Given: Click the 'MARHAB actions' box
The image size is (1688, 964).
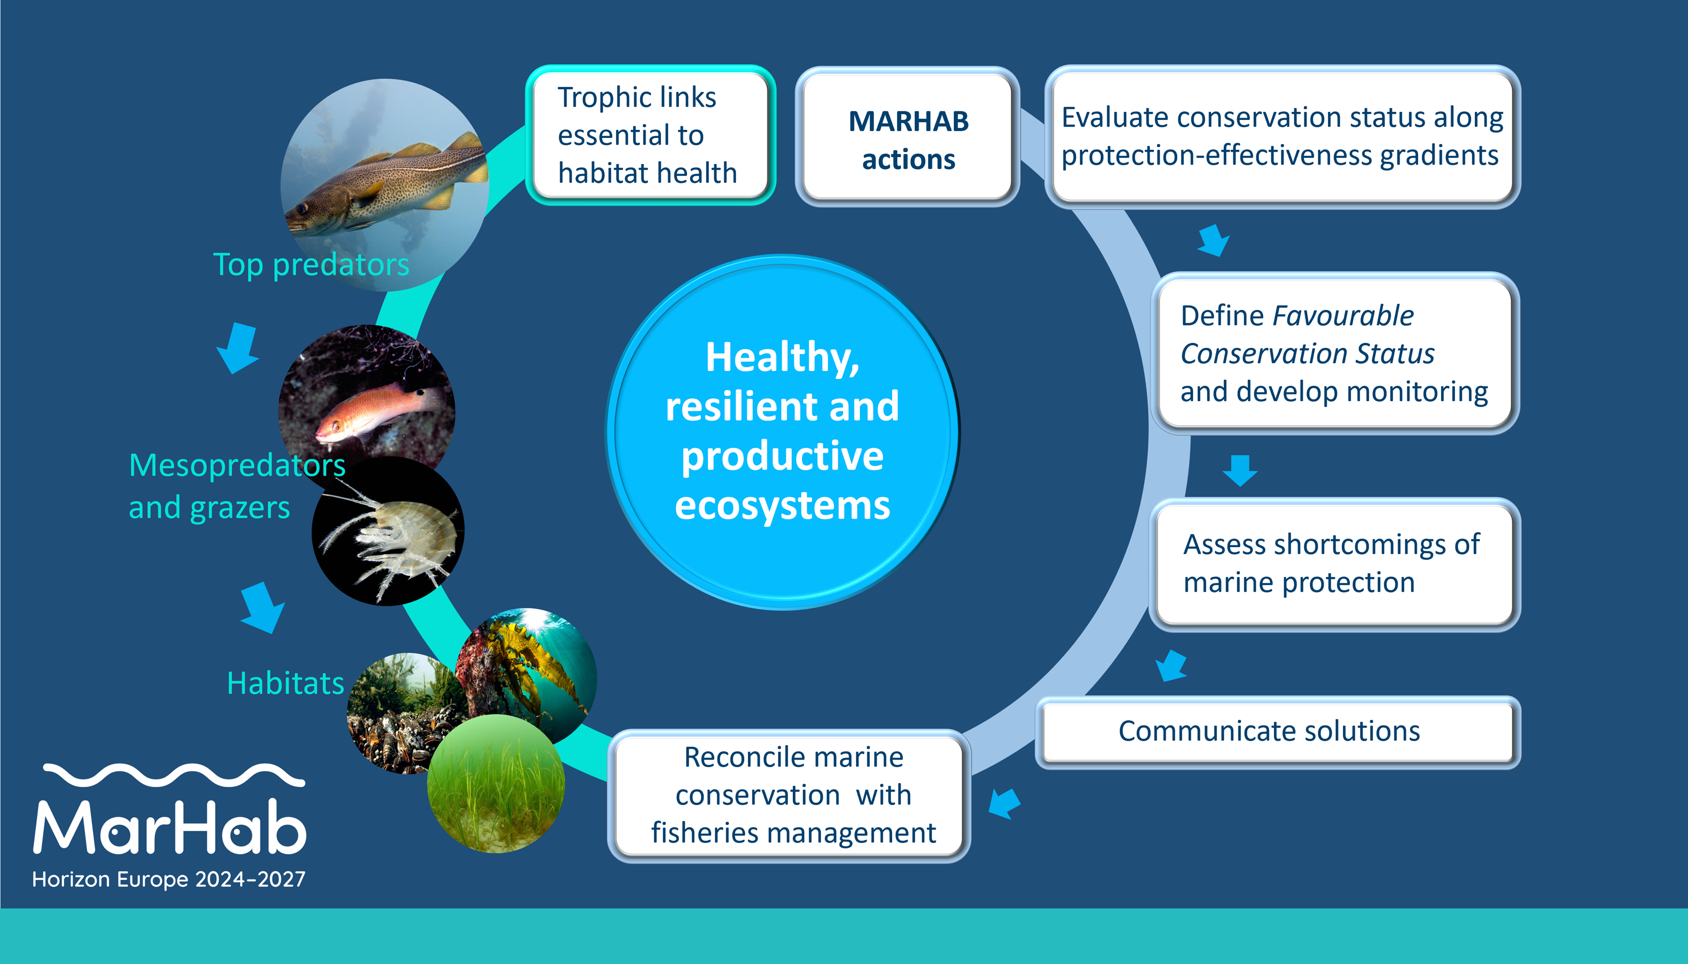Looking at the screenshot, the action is [x=907, y=136].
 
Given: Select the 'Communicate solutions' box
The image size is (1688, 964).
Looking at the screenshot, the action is [x=1278, y=732].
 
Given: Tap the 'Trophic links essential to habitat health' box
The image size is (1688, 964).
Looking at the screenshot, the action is [x=651, y=135].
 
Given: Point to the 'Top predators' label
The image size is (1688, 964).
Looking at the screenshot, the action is [x=311, y=265].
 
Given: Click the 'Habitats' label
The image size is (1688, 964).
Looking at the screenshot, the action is [x=286, y=683].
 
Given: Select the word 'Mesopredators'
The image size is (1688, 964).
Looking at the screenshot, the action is [x=237, y=465].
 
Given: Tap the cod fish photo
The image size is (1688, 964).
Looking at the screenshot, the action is [x=385, y=185].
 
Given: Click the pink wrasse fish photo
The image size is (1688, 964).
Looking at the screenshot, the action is [x=367, y=397].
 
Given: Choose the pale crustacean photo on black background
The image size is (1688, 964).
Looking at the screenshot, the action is [x=388, y=531].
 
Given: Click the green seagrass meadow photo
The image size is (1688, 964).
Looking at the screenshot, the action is [x=496, y=783].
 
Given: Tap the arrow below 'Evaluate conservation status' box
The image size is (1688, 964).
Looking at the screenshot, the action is [x=1214, y=240].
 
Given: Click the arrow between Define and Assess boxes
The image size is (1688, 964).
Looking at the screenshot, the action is [x=1240, y=471].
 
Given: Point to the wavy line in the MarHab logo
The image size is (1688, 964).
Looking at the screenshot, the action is [x=174, y=775].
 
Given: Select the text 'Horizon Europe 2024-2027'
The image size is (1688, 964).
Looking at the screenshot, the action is [x=169, y=879].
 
